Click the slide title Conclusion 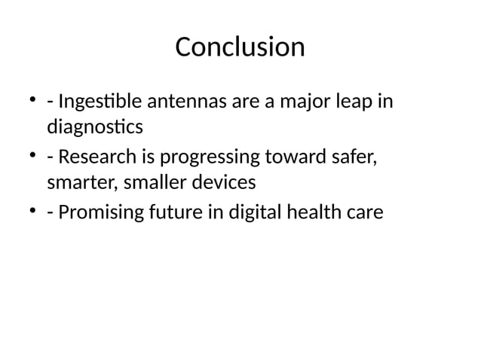[x=240, y=47]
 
